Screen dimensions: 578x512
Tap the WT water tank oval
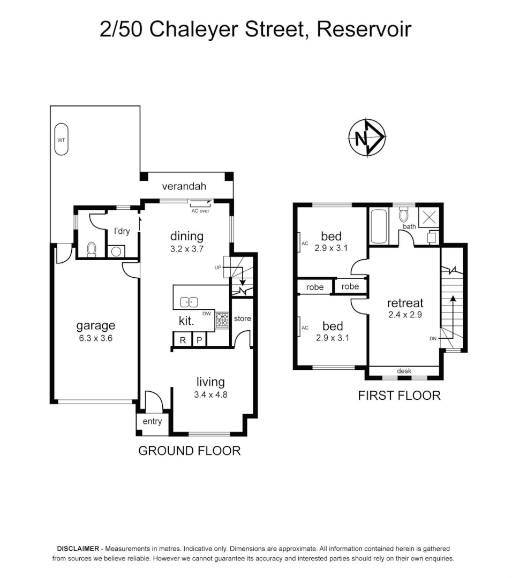61,140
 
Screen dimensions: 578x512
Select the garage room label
95,325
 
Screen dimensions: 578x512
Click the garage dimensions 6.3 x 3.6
95,338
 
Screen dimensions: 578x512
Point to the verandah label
184,186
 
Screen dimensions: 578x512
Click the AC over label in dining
200,211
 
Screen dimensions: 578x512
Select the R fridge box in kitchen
183,339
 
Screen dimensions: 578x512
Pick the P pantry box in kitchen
199,339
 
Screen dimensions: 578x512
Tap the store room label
242,319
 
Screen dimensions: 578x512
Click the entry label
152,422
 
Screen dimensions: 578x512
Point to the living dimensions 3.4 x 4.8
210,395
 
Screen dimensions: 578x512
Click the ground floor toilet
92,249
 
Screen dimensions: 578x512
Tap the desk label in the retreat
404,371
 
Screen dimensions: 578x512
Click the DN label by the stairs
433,338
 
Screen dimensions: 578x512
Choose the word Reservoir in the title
364,29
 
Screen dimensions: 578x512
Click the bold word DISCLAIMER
78,549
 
